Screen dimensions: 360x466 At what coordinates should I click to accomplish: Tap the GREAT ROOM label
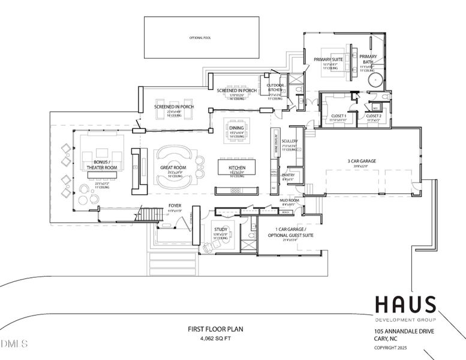coord(173,168)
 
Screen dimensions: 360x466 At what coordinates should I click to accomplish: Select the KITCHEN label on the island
coord(235,168)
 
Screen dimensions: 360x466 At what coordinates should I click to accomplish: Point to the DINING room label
coord(236,128)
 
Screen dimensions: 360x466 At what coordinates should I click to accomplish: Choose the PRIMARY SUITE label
coord(328,59)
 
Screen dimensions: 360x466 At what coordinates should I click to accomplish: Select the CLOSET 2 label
coord(374,115)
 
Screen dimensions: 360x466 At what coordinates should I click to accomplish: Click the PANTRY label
coord(288,175)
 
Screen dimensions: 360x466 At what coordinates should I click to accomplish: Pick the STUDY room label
coord(220,229)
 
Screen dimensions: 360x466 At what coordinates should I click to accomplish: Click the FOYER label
coord(175,206)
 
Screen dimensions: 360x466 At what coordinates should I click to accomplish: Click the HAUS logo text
coord(405,304)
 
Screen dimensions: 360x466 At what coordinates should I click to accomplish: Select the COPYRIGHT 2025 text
coord(390,347)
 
